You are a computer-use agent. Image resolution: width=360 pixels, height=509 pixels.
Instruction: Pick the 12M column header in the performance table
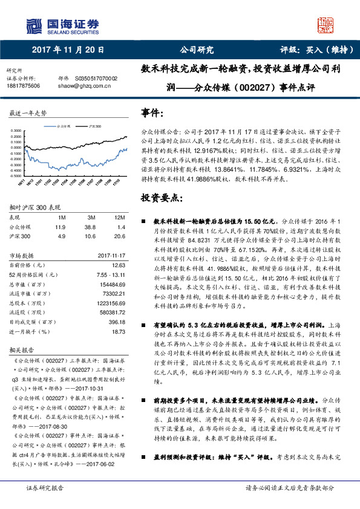tap(119, 217)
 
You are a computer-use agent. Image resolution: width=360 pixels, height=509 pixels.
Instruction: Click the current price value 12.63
tap(118, 264)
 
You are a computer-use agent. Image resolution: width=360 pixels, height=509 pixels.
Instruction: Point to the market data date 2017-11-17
tap(111, 255)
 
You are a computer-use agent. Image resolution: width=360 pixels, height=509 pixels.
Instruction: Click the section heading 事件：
tap(152, 112)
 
